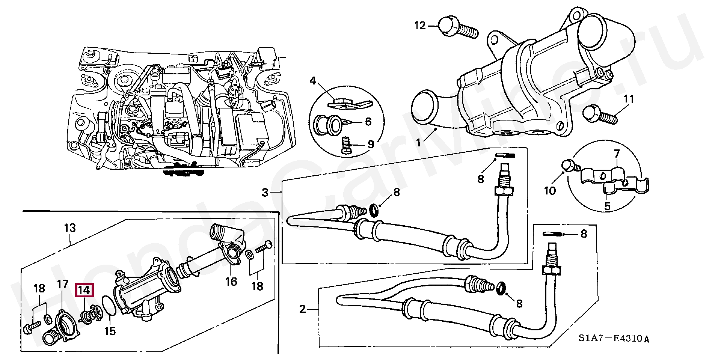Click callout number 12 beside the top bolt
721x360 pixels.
421,26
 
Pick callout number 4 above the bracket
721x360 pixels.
314,81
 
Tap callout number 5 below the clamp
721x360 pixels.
607,206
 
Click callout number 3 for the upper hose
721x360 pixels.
265,193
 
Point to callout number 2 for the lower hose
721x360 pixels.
303,310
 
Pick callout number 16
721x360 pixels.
231,281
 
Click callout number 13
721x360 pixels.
70,228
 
